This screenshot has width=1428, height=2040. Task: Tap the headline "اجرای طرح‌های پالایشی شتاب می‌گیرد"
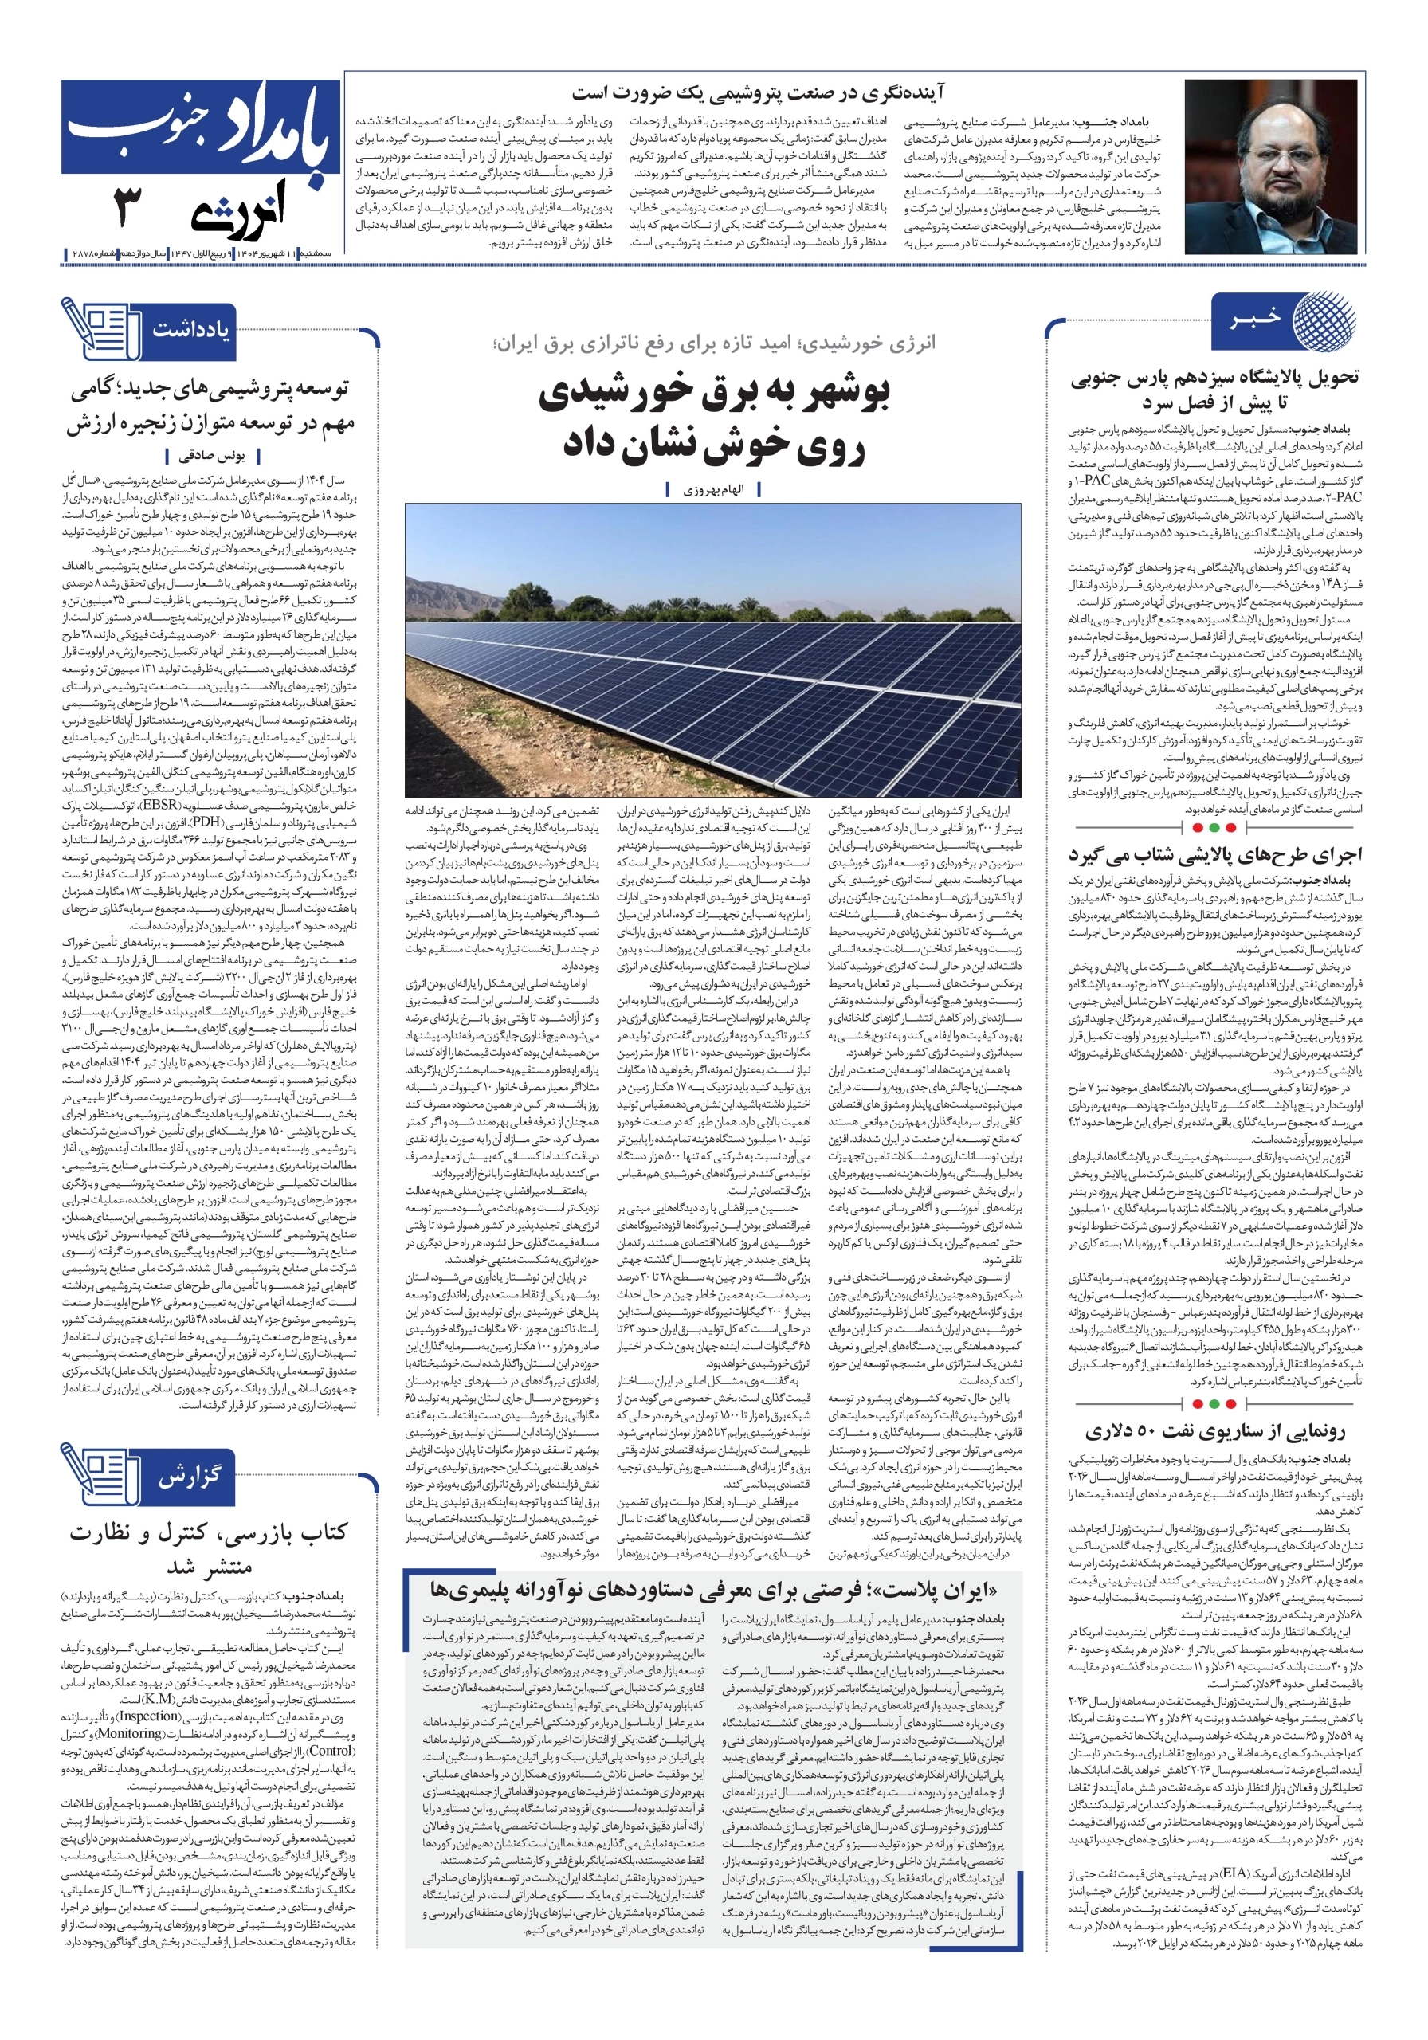click(x=1214, y=856)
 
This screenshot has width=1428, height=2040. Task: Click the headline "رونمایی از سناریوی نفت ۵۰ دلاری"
click(x=1214, y=1431)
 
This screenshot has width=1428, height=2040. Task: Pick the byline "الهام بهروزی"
click(x=712, y=489)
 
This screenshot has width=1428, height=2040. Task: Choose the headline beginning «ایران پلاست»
click(x=712, y=1589)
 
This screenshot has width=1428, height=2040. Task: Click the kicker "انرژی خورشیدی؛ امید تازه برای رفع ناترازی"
click(x=712, y=343)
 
